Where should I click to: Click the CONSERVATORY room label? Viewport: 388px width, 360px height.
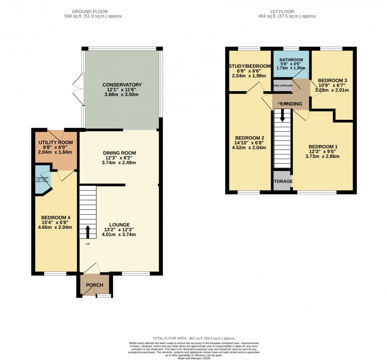point(122,85)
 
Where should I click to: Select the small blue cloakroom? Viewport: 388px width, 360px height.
point(42,179)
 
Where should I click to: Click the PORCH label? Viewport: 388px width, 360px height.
point(94,285)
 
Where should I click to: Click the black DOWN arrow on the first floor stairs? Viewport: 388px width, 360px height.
point(282,115)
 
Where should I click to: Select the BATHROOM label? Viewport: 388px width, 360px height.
point(291,60)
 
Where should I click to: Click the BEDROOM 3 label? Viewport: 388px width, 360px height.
point(332,81)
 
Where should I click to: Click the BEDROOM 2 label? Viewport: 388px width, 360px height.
point(250,138)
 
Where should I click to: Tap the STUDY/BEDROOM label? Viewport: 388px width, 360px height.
point(250,66)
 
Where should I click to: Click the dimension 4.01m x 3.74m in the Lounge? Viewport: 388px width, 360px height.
point(119,235)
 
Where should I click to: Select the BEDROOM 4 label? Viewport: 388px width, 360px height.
point(56,217)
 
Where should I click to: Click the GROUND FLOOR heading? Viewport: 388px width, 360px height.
point(93,12)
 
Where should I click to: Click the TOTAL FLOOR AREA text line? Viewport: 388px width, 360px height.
point(194,338)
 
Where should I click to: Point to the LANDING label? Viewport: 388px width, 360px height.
point(291,104)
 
